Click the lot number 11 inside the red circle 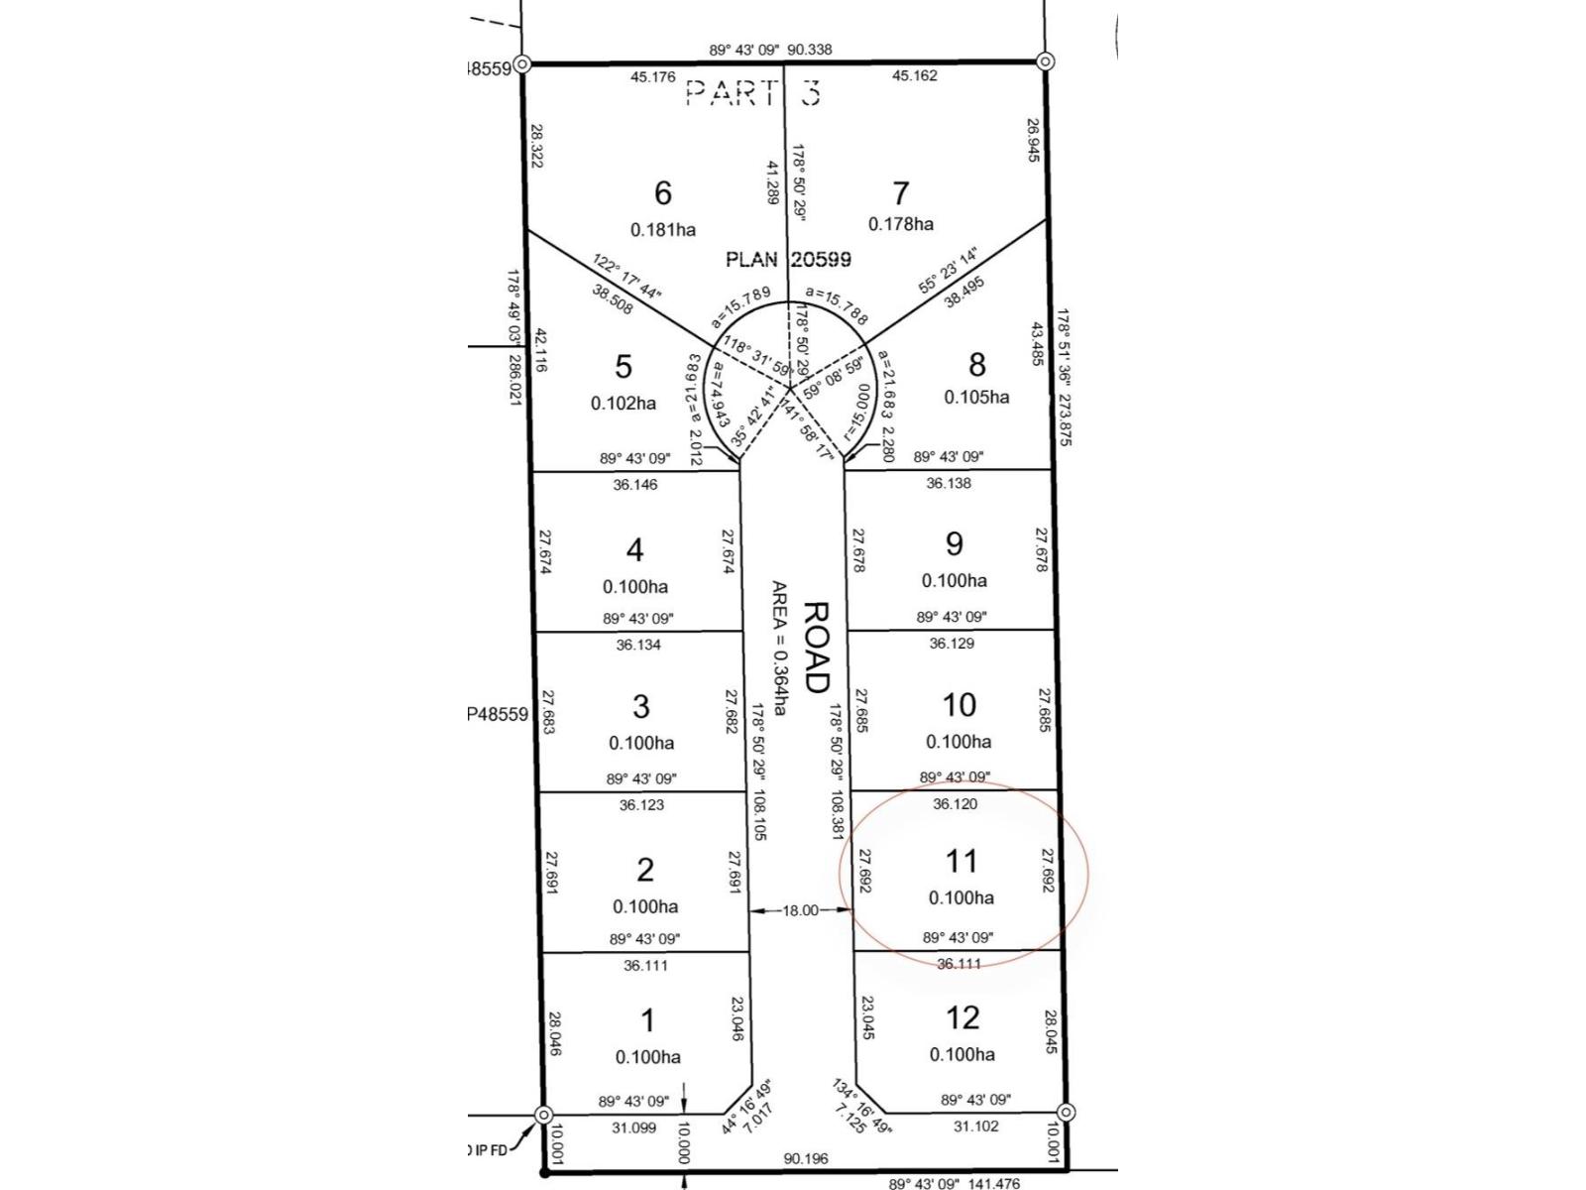(x=961, y=861)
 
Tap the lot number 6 (x=662, y=191)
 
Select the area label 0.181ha (x=662, y=230)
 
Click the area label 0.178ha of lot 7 (x=900, y=224)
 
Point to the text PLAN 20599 (x=788, y=260)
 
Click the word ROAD (x=816, y=647)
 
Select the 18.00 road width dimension (x=801, y=910)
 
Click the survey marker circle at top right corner (x=1045, y=61)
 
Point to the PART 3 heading (x=753, y=93)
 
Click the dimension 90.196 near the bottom (x=805, y=1158)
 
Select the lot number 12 (x=962, y=1017)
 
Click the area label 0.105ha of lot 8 (x=976, y=397)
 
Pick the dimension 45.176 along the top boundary (x=652, y=76)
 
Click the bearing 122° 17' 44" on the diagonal (x=627, y=277)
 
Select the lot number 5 (x=623, y=366)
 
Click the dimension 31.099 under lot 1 (x=633, y=1128)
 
